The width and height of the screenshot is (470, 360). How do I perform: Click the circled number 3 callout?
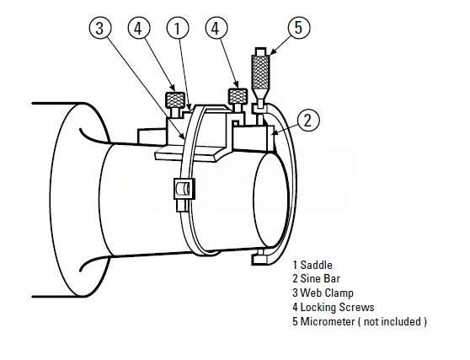[100, 28]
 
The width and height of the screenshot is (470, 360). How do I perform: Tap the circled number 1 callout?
[178, 28]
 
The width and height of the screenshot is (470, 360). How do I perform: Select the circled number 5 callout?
[299, 27]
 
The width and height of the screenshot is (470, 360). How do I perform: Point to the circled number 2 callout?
[308, 120]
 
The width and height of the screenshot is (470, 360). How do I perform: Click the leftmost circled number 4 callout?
[139, 28]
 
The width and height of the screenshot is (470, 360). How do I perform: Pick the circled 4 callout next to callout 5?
[216, 28]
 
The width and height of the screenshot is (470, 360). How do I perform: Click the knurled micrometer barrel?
[261, 72]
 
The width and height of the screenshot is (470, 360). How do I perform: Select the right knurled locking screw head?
[238, 96]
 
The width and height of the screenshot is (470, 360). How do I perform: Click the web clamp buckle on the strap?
[184, 189]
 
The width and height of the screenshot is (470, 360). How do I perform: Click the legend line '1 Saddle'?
[312, 265]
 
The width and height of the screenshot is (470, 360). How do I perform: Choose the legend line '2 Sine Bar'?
[316, 279]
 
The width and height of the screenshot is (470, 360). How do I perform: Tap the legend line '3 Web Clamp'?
[323, 293]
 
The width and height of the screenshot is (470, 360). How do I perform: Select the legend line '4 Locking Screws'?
[334, 307]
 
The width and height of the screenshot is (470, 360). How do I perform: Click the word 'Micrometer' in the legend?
[328, 321]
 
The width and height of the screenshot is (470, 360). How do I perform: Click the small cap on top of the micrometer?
[261, 51]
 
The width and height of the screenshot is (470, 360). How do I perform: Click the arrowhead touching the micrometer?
[272, 51]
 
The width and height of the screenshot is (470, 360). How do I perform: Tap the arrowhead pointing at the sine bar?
[276, 132]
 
